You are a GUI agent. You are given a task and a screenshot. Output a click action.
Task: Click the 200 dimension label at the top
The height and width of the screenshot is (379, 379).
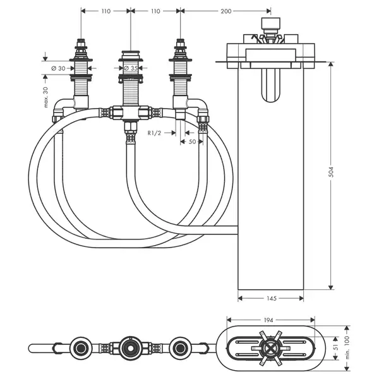coord(226,11)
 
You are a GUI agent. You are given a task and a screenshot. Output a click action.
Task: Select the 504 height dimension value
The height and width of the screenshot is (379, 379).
coord(331,172)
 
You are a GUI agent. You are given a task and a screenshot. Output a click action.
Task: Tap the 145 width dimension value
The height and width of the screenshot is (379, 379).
coord(271,299)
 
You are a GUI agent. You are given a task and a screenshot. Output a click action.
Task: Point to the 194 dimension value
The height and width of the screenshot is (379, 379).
coord(268,320)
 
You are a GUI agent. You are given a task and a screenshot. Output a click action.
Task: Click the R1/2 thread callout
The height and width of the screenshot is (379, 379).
coord(154,133)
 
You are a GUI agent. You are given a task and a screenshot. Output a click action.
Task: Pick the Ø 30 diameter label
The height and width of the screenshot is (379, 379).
coord(59,68)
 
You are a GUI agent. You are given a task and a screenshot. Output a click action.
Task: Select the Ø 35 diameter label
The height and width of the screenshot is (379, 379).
coord(131,68)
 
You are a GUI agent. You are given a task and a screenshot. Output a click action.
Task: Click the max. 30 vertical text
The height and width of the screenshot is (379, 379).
coord(46,97)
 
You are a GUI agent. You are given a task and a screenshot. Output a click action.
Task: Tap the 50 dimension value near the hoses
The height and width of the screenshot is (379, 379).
coord(192,141)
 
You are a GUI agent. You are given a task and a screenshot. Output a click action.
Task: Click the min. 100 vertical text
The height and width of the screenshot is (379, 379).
coord(347,347)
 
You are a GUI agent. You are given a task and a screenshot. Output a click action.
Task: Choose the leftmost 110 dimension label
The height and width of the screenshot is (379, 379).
coord(106,11)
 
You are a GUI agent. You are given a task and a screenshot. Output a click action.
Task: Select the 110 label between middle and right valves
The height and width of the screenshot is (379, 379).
coord(155,11)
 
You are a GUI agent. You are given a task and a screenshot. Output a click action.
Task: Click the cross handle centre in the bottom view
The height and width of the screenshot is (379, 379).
coord(271,348)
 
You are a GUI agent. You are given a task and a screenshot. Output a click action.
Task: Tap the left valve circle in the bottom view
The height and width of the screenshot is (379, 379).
coord(81,348)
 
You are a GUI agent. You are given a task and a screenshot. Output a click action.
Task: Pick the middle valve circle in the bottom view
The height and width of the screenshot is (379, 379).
coord(131,348)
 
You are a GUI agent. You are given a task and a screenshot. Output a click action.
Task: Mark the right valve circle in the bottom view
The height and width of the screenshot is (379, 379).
coord(180,348)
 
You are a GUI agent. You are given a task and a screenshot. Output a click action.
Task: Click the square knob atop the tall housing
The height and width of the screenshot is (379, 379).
coord(271,23)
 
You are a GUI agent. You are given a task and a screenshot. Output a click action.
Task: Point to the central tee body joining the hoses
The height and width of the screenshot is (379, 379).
coord(131,113)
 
